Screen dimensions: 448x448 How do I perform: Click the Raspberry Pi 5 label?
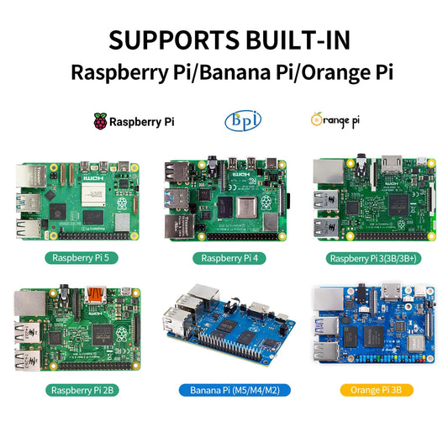pos(74,258)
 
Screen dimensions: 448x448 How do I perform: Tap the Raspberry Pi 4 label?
pos(224,258)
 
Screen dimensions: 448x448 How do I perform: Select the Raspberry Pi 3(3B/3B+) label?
pos(373,258)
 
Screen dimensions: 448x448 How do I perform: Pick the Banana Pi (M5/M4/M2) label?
pos(224,390)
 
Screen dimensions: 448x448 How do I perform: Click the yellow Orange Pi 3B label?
pos(373,390)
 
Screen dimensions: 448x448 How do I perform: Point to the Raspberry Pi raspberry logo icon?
pos(101,121)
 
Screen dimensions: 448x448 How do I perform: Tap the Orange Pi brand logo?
pos(335,120)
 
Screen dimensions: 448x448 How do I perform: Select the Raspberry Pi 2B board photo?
pos(74,329)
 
